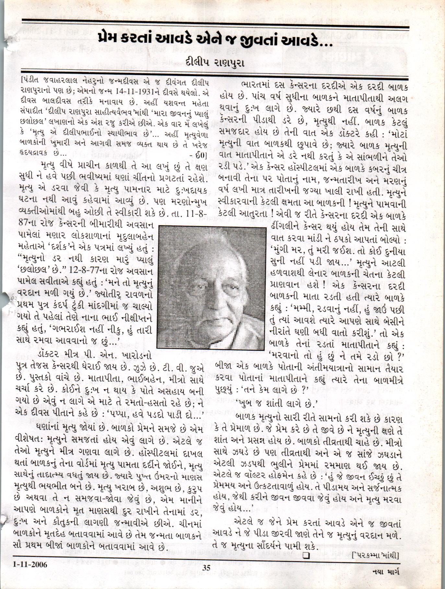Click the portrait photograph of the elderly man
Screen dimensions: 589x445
point(211,288)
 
